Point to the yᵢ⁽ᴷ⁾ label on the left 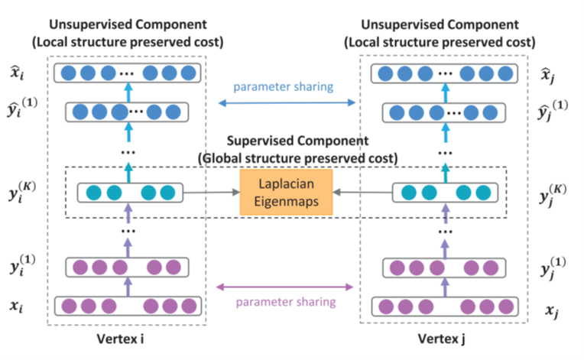[25, 190]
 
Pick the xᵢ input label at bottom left [21, 306]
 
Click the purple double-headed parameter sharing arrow [285, 287]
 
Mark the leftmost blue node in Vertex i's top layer [70, 74]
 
